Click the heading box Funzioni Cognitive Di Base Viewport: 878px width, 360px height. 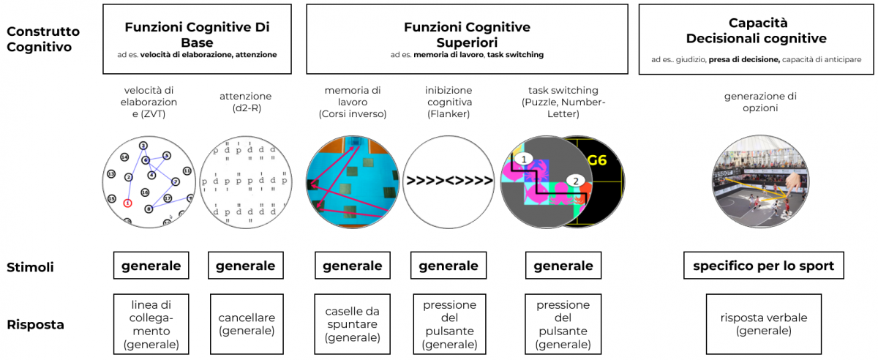197,39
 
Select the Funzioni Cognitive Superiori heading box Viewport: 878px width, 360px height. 467,39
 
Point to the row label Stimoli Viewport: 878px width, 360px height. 30,267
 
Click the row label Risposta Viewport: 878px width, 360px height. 35,324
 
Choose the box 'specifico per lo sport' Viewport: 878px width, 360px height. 763,266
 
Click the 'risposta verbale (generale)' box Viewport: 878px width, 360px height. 763,324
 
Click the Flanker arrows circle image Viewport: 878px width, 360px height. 449,180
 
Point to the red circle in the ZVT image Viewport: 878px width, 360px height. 127,203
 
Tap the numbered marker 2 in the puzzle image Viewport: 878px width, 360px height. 575,181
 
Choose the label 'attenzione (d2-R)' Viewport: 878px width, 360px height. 245,102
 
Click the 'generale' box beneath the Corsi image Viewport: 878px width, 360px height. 352,266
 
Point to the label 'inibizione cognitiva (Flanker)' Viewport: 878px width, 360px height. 449,102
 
